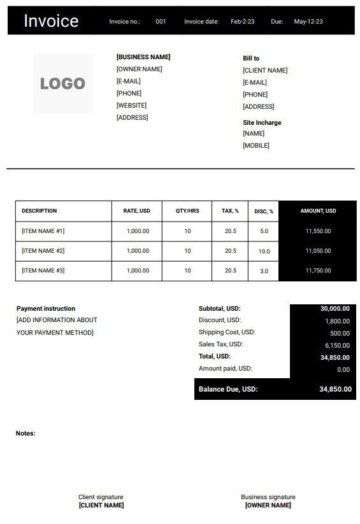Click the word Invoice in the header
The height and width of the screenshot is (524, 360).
click(51, 21)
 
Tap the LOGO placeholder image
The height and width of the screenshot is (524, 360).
click(62, 83)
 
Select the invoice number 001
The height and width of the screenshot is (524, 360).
click(161, 22)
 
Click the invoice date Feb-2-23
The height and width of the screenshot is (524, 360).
click(242, 22)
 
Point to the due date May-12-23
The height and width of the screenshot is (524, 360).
click(308, 22)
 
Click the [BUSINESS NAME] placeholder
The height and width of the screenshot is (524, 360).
click(143, 57)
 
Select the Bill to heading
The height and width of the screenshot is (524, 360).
click(251, 58)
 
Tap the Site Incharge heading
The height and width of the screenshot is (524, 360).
click(262, 122)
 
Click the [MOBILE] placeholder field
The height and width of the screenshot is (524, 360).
click(256, 145)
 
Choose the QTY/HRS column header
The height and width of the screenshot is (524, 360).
click(187, 211)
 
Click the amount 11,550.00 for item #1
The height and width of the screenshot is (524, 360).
click(318, 231)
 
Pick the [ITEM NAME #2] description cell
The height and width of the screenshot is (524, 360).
click(43, 251)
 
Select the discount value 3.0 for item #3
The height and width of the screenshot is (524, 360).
click(264, 271)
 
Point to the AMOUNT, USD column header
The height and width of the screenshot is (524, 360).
click(318, 211)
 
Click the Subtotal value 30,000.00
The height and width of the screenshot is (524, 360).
click(335, 308)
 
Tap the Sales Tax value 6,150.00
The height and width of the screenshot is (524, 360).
click(337, 345)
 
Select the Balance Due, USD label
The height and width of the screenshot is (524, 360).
click(228, 389)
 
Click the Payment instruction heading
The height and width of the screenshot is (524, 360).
click(46, 308)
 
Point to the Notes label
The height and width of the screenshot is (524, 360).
click(25, 434)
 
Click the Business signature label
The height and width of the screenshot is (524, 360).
click(268, 497)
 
